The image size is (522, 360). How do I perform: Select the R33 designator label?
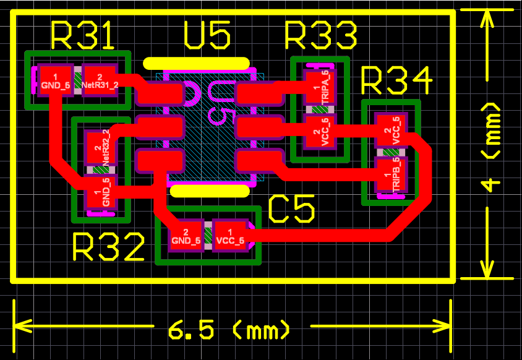point(320,35)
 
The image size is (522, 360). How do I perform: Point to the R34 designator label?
point(396,81)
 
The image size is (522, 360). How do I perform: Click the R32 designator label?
point(108,248)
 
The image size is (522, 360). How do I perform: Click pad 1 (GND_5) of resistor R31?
point(56,80)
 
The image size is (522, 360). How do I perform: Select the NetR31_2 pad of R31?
point(100,80)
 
